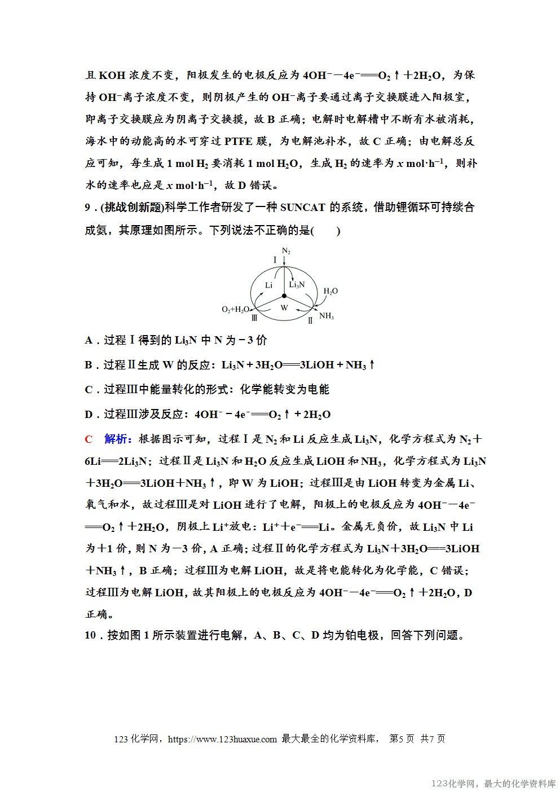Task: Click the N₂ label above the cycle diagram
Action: pyautogui.click(x=286, y=251)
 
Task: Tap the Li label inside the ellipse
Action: pyautogui.click(x=268, y=285)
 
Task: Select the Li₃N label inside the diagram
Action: pyautogui.click(x=297, y=285)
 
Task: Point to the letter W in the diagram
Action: pyautogui.click(x=284, y=308)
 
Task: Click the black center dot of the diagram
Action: pyautogui.click(x=284, y=296)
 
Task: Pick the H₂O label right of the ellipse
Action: pyautogui.click(x=330, y=291)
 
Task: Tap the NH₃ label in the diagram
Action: pyautogui.click(x=327, y=316)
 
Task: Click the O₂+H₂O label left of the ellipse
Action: pyautogui.click(x=235, y=310)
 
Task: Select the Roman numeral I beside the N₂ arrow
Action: pyautogui.click(x=275, y=260)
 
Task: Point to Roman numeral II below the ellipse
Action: pyautogui.click(x=310, y=320)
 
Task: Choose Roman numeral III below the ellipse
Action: pyautogui.click(x=254, y=318)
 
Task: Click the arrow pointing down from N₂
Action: pyautogui.click(x=285, y=261)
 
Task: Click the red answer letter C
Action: pyautogui.click(x=89, y=439)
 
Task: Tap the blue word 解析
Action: pyautogui.click(x=117, y=439)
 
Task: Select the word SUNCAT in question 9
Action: pyautogui.click(x=302, y=208)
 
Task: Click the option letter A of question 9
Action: pyautogui.click(x=89, y=340)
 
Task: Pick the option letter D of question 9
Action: pyautogui.click(x=89, y=415)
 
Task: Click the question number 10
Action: pyautogui.click(x=90, y=635)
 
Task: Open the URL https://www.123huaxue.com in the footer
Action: pyautogui.click(x=222, y=739)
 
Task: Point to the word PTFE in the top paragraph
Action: pyautogui.click(x=239, y=141)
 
